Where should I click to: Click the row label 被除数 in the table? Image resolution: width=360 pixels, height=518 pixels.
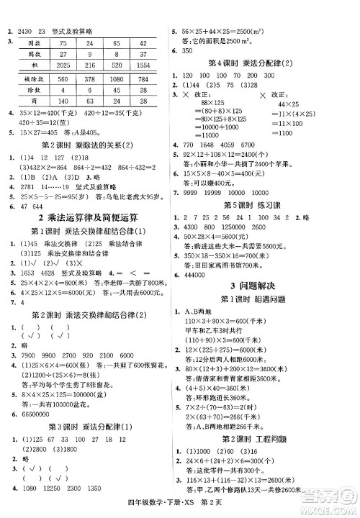pyautogui.click(x=32, y=80)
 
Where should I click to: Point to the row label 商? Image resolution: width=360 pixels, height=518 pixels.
pyautogui.click(x=32, y=101)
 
